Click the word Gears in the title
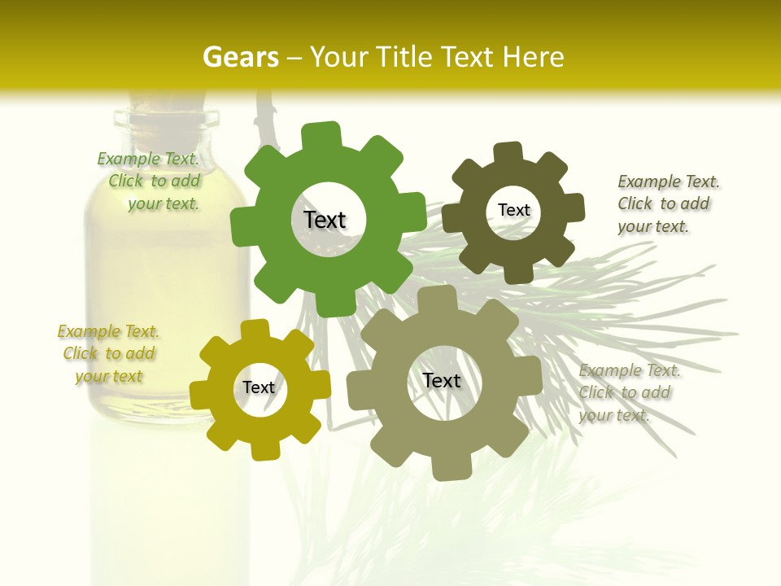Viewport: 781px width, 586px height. click(x=240, y=57)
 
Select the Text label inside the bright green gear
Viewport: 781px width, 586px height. click(x=325, y=220)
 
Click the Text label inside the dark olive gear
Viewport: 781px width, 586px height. click(x=513, y=210)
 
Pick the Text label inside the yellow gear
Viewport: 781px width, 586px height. click(x=259, y=387)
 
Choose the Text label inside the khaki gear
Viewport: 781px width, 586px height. click(x=442, y=380)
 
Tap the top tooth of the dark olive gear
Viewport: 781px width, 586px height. click(x=508, y=152)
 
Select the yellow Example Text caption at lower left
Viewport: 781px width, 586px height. click(x=108, y=353)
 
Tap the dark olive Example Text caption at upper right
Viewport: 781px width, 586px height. click(x=667, y=203)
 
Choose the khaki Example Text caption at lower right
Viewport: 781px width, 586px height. click(x=629, y=392)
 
